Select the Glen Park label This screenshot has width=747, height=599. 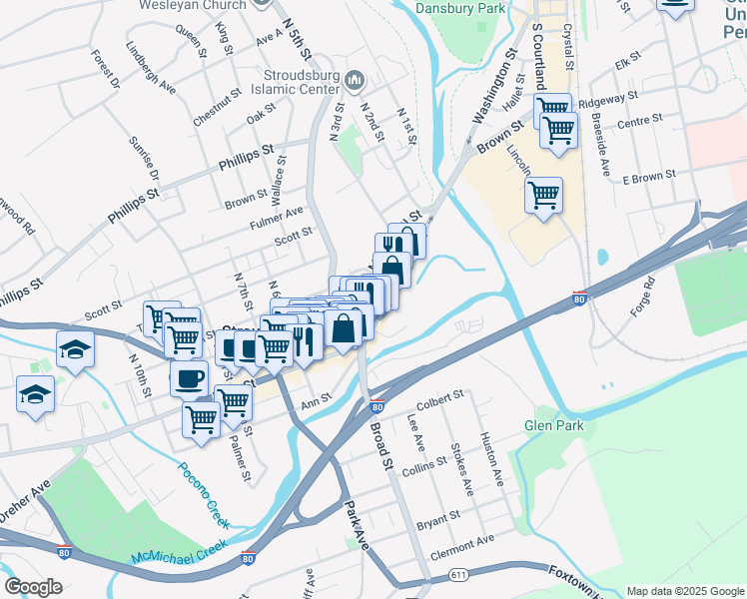553,425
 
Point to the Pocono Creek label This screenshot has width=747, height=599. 204,495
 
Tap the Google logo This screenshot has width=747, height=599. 34,586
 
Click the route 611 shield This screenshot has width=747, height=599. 458,575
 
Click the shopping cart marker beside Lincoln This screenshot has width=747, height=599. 543,195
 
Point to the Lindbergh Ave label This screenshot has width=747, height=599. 151,68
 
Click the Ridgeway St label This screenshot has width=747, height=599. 608,100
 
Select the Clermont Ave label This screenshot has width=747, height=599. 462,540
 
